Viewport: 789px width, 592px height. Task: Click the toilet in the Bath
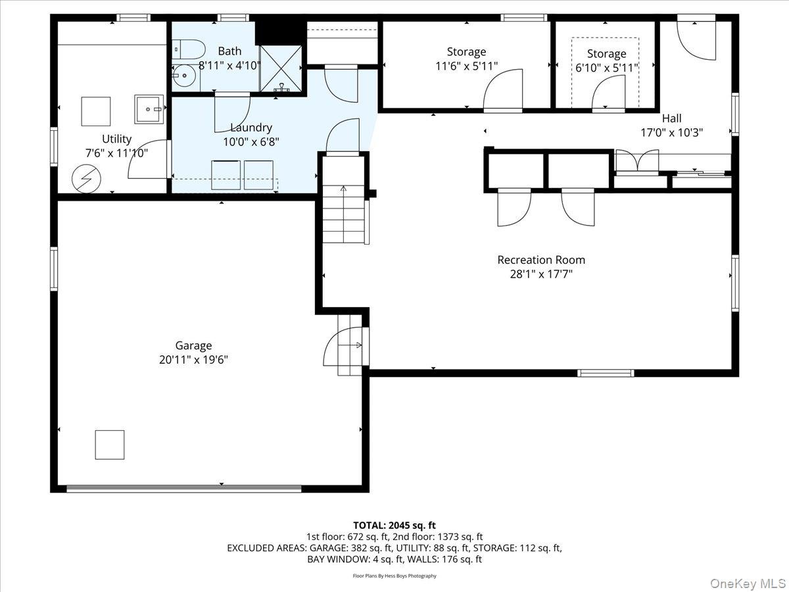(188, 49)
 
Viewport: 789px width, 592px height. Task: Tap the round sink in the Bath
(183, 76)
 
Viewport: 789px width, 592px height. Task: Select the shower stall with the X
(281, 68)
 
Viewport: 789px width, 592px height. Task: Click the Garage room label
(193, 345)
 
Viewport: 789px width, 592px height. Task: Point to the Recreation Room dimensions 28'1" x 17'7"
(541, 274)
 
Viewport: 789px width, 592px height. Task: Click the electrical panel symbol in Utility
(86, 179)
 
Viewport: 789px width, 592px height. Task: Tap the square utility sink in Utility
(149, 109)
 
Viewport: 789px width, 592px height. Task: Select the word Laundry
(251, 128)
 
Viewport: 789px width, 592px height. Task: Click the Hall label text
(671, 118)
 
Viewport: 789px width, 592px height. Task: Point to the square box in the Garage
(110, 445)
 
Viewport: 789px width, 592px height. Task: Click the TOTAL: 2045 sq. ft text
(394, 525)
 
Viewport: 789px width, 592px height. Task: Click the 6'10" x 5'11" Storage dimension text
(607, 68)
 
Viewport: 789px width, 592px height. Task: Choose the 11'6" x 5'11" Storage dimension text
(467, 66)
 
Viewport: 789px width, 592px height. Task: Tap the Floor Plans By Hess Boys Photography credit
(394, 576)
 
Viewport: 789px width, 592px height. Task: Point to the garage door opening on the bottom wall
(183, 488)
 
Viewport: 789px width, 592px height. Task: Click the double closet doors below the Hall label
(637, 161)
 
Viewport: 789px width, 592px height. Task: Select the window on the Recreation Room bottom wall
(606, 373)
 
